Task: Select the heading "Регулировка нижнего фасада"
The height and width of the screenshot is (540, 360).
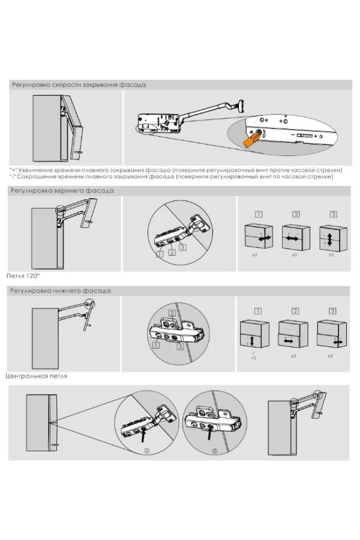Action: (59, 290)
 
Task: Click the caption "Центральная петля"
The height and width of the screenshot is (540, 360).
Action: (36, 376)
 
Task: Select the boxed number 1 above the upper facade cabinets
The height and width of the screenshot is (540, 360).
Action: (257, 214)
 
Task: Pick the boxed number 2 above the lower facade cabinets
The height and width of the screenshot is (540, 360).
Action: (295, 311)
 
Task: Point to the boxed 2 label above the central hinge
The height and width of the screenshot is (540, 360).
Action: (172, 313)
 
